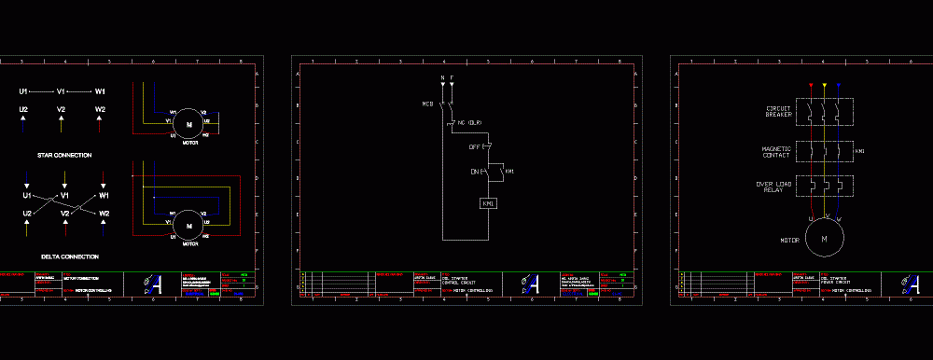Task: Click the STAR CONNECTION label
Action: tap(64, 155)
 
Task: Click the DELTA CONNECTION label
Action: tap(70, 256)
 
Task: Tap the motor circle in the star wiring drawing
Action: tap(188, 122)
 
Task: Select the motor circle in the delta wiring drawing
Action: tap(188, 225)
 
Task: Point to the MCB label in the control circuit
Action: tap(428, 104)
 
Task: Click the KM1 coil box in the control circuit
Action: tap(488, 203)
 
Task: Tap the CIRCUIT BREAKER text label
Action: tap(778, 112)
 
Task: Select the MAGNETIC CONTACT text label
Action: tap(776, 151)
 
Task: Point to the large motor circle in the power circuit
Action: tap(825, 240)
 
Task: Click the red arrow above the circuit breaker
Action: tap(811, 87)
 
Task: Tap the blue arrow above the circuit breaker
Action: tap(838, 87)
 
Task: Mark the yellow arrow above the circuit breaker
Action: tap(825, 87)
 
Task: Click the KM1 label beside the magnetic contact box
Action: tap(860, 151)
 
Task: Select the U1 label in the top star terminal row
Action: tap(23, 92)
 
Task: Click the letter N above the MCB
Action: tap(442, 77)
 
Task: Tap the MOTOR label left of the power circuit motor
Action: tap(790, 240)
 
